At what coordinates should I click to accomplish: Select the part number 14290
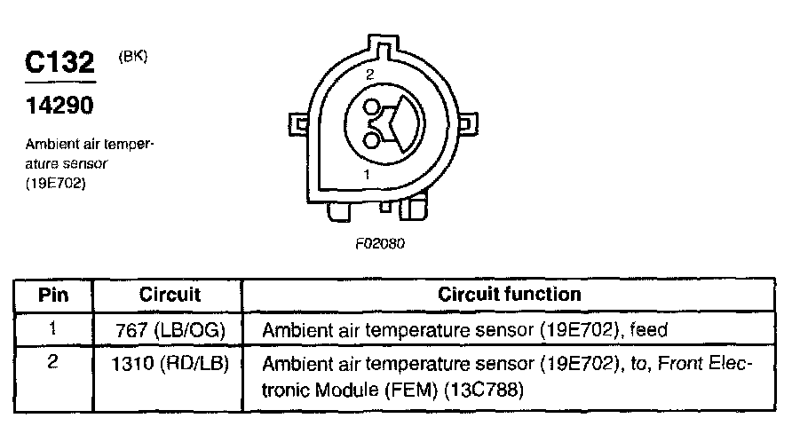click(x=58, y=106)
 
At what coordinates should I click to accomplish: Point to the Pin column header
click(x=52, y=294)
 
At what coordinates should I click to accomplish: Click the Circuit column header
click(x=170, y=294)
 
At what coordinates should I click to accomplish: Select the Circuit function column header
click(x=510, y=294)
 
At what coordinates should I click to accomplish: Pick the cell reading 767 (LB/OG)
click(x=170, y=329)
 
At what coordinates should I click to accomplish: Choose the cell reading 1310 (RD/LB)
click(x=170, y=364)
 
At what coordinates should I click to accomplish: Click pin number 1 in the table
click(x=52, y=328)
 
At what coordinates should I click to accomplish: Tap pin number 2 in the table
click(x=52, y=363)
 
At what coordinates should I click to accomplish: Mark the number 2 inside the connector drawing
click(x=369, y=76)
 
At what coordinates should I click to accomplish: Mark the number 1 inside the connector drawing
click(x=368, y=176)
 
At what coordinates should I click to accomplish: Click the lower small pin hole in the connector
click(x=370, y=138)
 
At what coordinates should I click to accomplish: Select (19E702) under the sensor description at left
click(x=55, y=184)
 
